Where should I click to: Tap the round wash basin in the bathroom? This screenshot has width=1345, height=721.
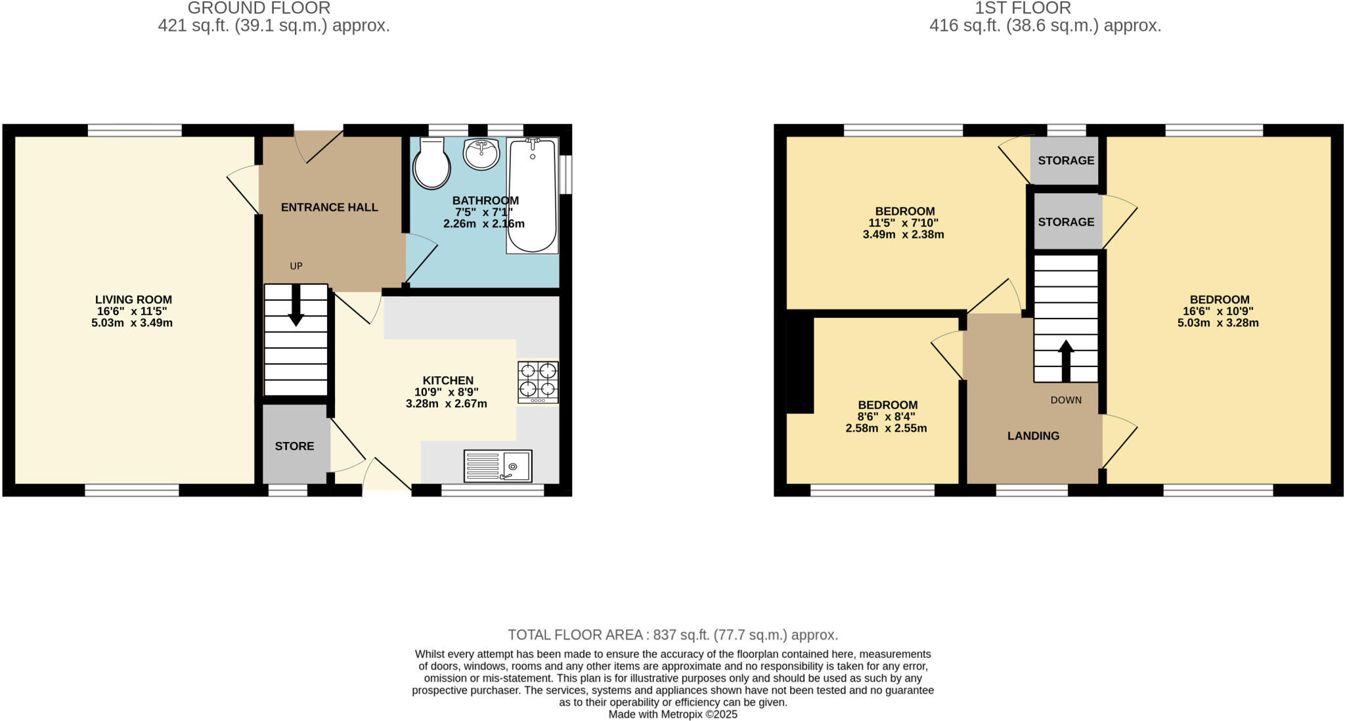coord(481,154)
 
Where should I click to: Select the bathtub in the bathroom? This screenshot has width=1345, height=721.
coord(532,196)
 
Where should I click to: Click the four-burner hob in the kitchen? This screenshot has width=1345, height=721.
coord(538,382)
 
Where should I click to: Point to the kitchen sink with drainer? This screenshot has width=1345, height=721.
coord(498,466)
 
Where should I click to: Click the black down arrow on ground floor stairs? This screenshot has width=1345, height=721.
coord(296,307)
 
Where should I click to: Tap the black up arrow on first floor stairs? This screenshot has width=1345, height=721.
coord(1066,360)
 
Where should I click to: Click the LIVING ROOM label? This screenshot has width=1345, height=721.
coord(133,299)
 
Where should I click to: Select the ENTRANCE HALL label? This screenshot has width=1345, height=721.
coord(329,208)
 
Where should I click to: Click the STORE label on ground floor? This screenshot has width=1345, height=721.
coord(294,447)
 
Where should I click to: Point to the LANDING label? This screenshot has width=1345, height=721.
coord(1033,436)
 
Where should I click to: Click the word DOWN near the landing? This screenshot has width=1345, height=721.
coord(1065,400)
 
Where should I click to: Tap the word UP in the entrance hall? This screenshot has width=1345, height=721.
coord(296,266)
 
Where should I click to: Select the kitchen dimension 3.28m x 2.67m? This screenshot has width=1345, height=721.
coord(446,404)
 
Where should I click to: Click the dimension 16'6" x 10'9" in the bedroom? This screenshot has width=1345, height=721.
coord(1218,311)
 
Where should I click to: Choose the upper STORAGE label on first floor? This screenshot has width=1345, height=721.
coord(1066,160)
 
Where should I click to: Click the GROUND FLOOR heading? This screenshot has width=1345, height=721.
coord(259,8)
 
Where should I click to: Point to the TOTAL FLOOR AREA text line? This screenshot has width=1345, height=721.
coord(672,635)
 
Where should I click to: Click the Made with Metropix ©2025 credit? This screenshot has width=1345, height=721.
coord(672,714)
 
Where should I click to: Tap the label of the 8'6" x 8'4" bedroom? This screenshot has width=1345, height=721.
coord(887,405)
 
